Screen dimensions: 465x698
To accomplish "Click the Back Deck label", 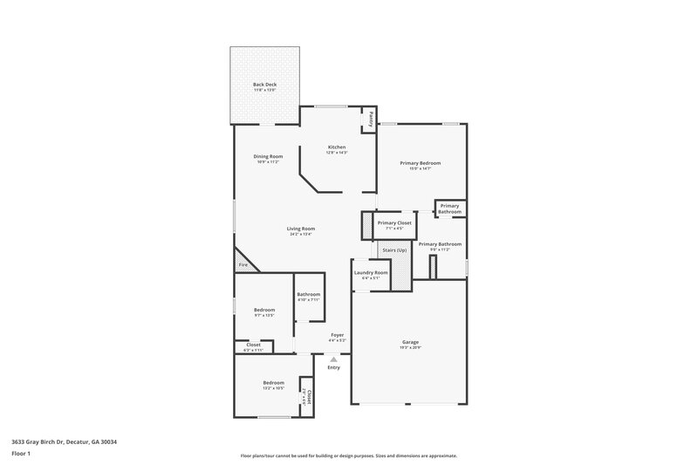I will click(263, 85).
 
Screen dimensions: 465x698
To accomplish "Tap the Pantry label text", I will click(370, 117).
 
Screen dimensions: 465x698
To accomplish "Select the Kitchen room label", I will click(337, 147).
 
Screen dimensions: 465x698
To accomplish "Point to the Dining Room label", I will click(269, 156).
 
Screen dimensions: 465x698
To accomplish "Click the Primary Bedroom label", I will click(421, 163).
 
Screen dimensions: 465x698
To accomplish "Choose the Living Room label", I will click(301, 229).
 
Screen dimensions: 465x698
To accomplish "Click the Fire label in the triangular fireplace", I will click(243, 264).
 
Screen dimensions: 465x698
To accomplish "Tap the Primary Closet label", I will click(394, 222).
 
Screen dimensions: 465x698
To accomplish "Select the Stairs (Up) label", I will click(394, 250).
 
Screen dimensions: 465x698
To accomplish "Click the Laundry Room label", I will click(371, 272).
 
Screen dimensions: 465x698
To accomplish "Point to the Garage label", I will click(410, 342).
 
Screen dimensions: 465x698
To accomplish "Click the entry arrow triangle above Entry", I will click(333, 358).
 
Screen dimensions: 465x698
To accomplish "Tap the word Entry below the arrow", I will click(333, 367).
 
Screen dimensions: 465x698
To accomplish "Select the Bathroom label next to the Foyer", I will click(308, 294).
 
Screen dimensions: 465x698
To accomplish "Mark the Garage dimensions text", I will click(410, 348).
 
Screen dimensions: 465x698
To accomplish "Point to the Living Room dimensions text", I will click(301, 234).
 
